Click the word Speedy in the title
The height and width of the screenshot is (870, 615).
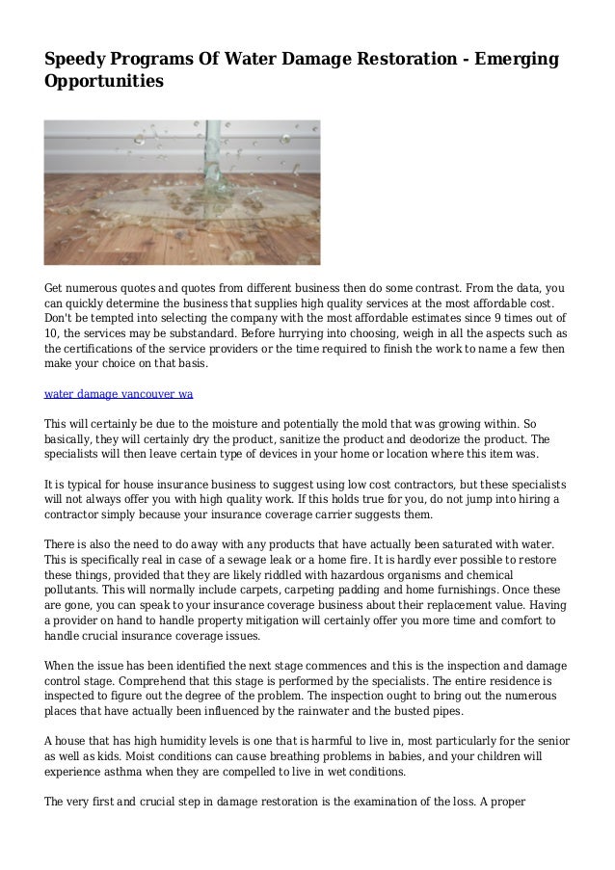pyautogui.click(x=75, y=61)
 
